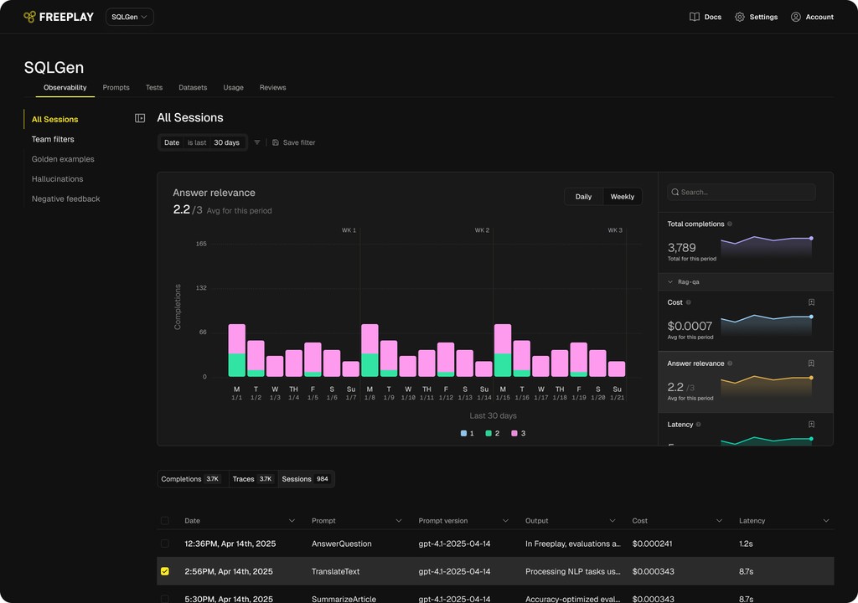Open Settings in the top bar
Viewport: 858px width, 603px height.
tap(756, 17)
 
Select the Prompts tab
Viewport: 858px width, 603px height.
tap(116, 87)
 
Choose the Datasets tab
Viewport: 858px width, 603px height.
tap(193, 87)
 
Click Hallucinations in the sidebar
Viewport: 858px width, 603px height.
tap(57, 179)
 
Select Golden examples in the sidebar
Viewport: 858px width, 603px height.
tap(63, 159)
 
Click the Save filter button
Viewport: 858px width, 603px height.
tap(294, 142)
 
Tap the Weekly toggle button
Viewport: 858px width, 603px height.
tap(622, 197)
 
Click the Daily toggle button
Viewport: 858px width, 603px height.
tap(583, 197)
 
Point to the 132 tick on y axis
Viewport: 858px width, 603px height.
tap(201, 288)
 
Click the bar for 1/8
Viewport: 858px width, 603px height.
tap(370, 350)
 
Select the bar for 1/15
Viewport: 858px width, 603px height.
tap(503, 350)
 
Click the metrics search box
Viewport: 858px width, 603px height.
tap(742, 192)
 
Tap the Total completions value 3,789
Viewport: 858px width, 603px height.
tap(681, 247)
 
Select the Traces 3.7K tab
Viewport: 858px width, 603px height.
tap(252, 479)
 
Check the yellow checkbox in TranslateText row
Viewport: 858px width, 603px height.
tap(164, 571)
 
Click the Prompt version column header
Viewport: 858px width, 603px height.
tap(443, 521)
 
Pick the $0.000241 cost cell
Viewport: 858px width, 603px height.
tap(654, 544)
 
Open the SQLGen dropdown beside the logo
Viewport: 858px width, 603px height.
tap(129, 17)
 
